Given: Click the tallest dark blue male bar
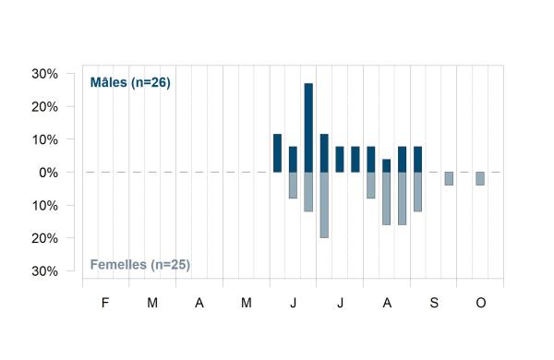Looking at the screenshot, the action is click(x=308, y=128).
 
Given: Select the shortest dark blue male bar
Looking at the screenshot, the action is click(x=387, y=165).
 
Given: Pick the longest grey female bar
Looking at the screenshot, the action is click(x=324, y=205).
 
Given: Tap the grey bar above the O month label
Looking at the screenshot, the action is click(x=480, y=179).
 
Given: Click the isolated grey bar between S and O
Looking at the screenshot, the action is click(x=449, y=179).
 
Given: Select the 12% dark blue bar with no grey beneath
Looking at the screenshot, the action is click(x=277, y=153).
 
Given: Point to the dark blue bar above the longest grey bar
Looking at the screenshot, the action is click(x=324, y=153).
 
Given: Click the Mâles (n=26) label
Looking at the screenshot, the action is click(x=130, y=82).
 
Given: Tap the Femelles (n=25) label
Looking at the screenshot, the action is click(x=140, y=264).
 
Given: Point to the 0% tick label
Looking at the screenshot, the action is click(x=48, y=173).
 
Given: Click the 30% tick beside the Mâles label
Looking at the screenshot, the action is click(x=45, y=74).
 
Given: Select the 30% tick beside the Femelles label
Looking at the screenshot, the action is click(x=45, y=271).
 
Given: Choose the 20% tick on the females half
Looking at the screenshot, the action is click(x=45, y=238).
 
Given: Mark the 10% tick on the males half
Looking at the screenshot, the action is click(x=45, y=140).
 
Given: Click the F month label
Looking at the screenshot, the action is click(x=105, y=303).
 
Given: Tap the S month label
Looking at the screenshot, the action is click(x=434, y=303).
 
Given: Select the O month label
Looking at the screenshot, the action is click(x=481, y=303).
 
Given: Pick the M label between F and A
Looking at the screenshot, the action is click(x=152, y=303).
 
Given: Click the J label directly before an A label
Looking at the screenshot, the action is click(x=340, y=303).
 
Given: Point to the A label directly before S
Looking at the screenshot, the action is click(x=387, y=303).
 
